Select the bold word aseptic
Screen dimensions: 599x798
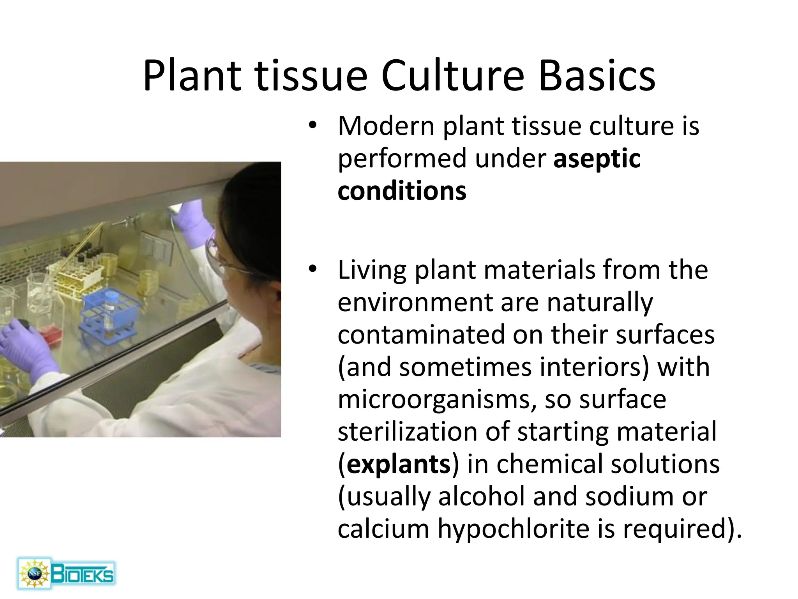click(x=597, y=159)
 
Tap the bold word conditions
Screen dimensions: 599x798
click(x=402, y=191)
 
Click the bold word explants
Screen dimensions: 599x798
click(x=398, y=464)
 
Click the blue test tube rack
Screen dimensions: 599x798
click(x=109, y=312)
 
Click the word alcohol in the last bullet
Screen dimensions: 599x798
click(x=482, y=497)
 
